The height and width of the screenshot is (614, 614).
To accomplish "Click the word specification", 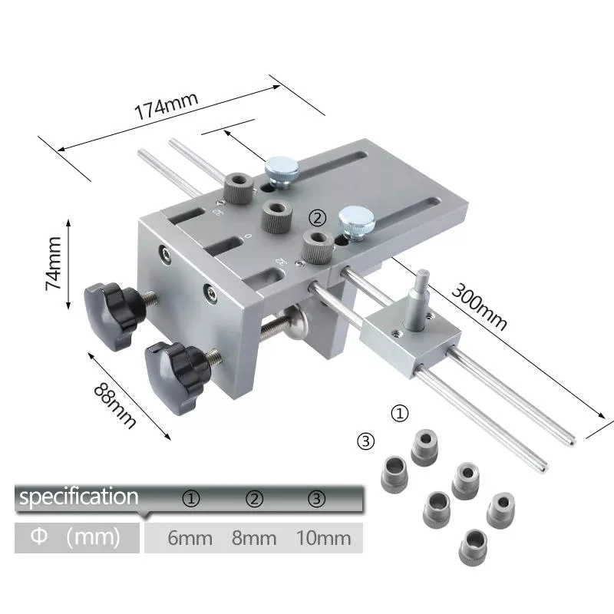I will coord(78,497).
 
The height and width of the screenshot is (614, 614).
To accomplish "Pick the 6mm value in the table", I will coord(190,538).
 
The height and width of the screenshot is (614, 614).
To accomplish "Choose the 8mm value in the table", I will coord(254,538).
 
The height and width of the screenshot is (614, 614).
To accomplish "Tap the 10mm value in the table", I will coord(323,538).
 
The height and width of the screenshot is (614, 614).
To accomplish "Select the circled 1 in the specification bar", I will coord(191,499).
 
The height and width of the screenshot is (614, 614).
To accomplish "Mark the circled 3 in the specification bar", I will coord(317,499).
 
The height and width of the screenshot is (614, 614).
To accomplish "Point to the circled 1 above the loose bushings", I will coord(400,413).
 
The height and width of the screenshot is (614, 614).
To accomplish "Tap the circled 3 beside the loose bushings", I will coord(366,441).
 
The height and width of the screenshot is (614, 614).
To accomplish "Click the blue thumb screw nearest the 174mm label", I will coord(279,170).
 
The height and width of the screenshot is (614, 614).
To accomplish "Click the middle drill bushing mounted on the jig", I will coord(275,216).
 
